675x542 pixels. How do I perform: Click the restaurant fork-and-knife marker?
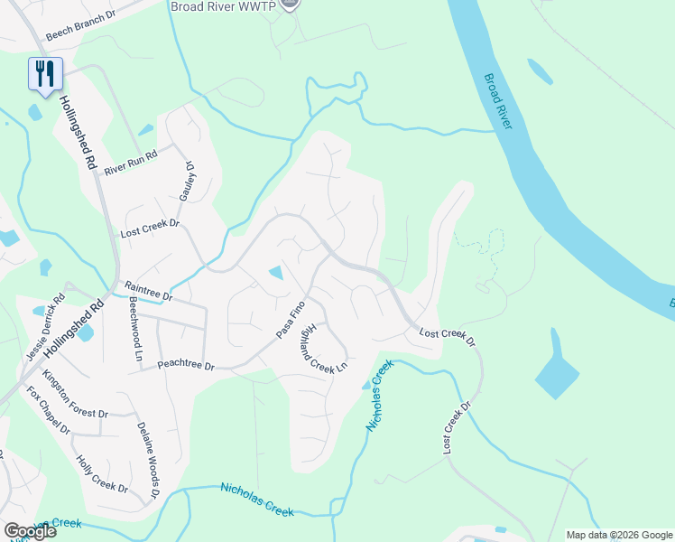(x=45, y=73)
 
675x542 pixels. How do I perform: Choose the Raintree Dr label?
(x=147, y=290)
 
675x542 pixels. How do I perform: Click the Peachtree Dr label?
(x=186, y=366)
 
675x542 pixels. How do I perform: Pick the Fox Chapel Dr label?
(x=48, y=411)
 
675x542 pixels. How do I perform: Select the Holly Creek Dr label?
(x=102, y=475)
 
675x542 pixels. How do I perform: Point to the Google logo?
(x=29, y=531)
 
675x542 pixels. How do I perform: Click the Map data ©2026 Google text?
(x=618, y=535)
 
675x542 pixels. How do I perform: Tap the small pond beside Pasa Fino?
(x=276, y=272)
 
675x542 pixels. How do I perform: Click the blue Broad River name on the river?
(x=497, y=101)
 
